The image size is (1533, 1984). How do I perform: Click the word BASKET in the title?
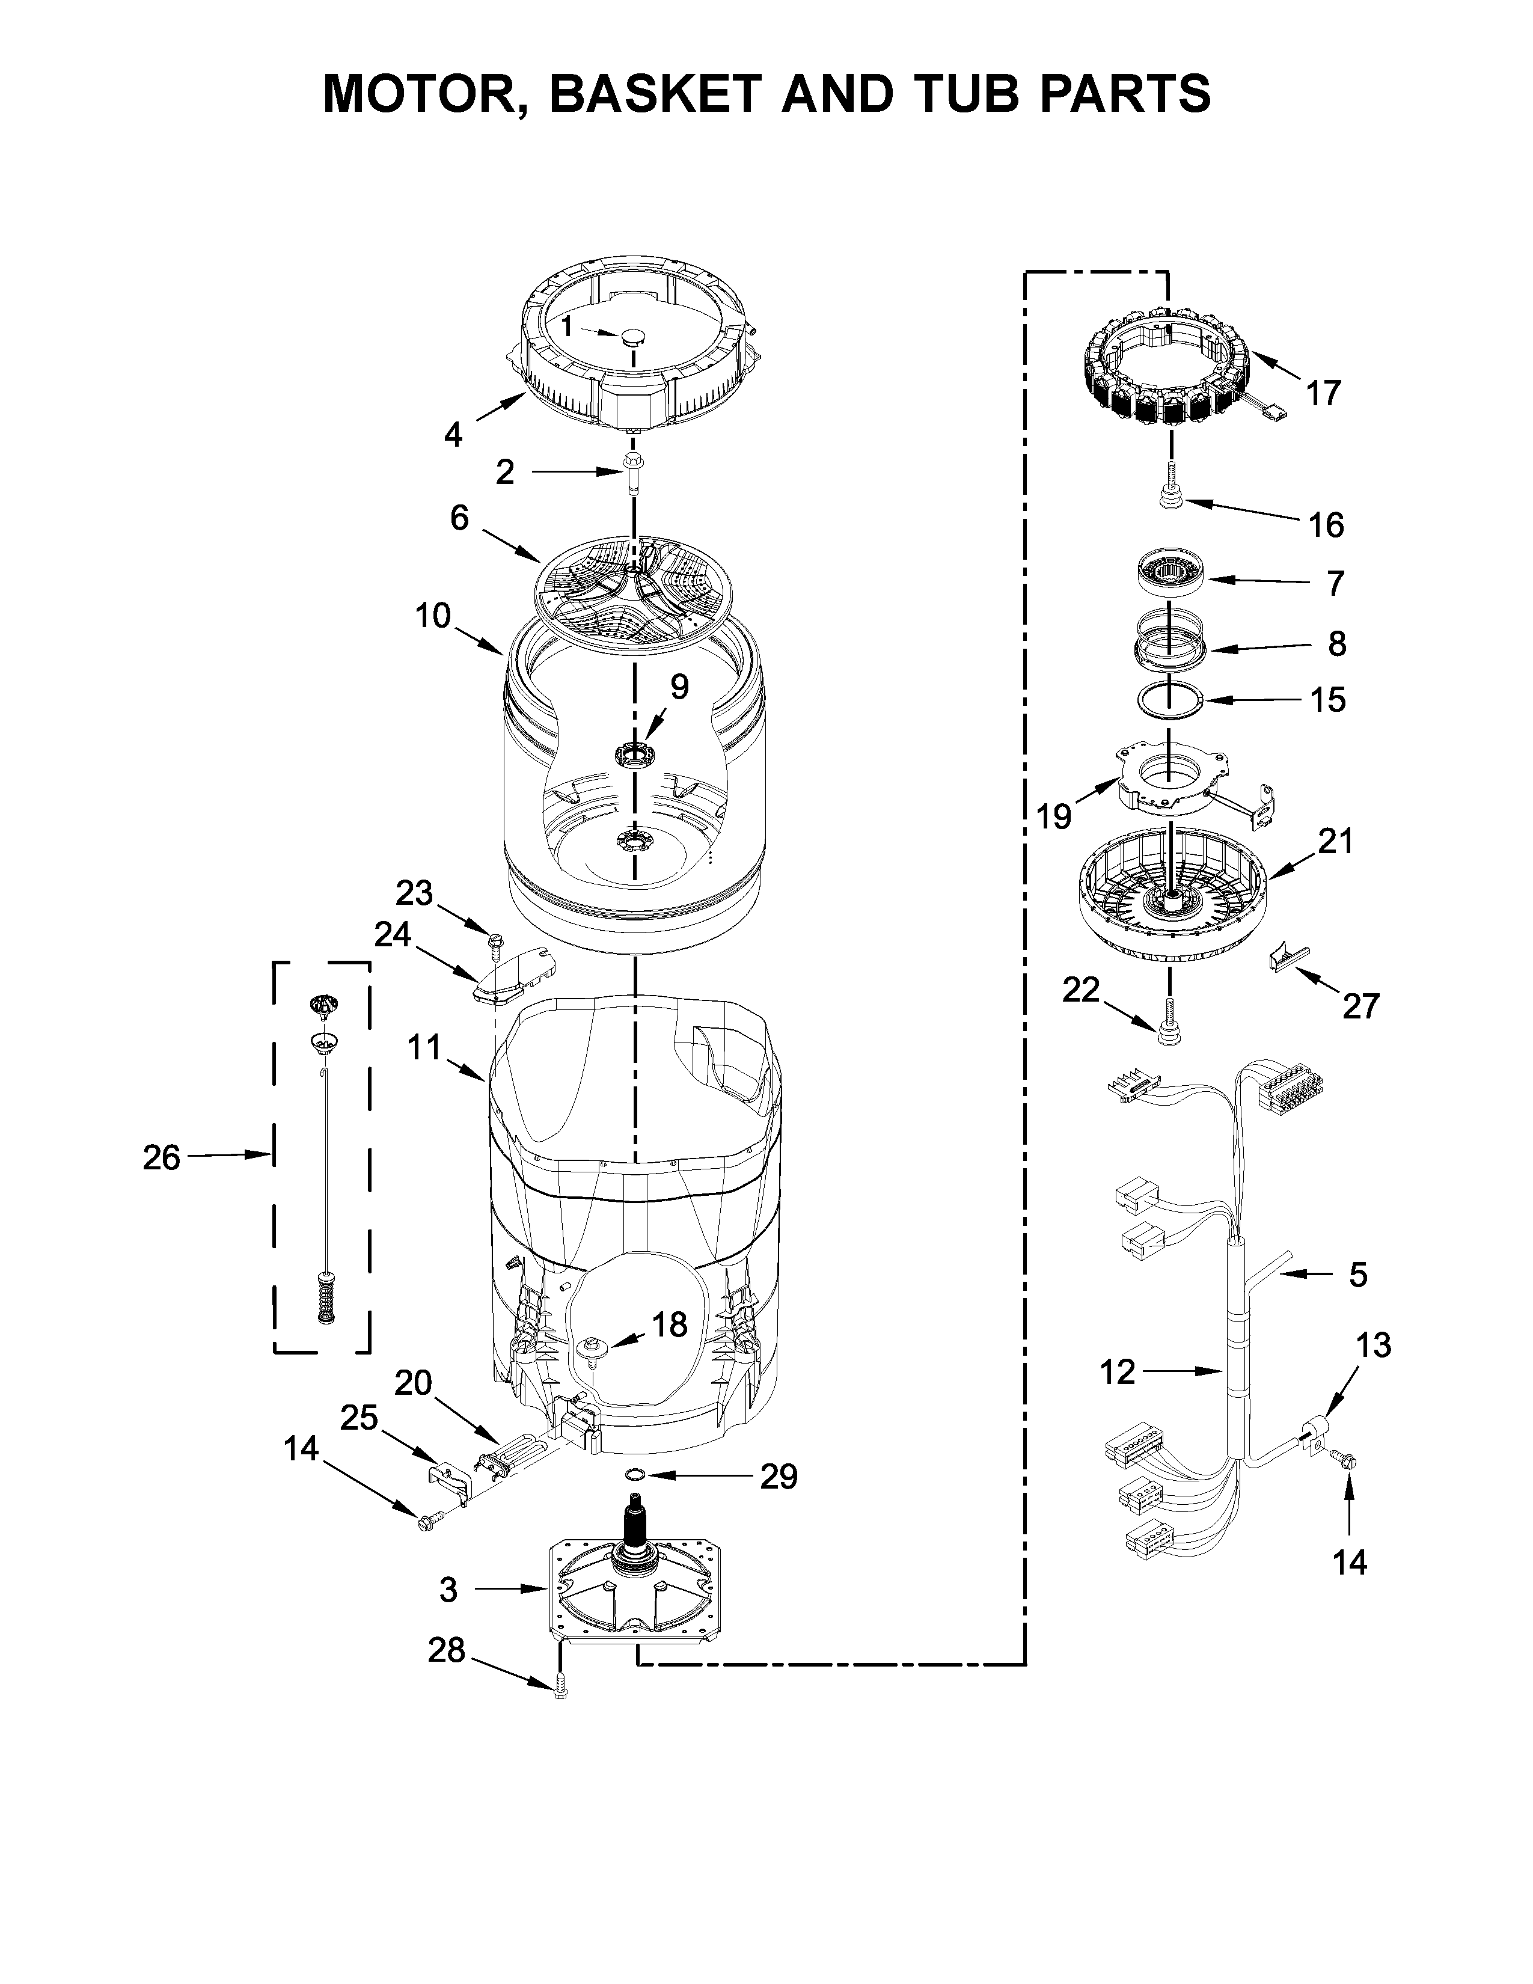coord(656,94)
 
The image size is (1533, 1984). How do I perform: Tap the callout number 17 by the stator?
coord(1323,393)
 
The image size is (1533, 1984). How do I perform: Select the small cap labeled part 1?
coord(633,338)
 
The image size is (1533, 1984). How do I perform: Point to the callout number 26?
coord(162,1159)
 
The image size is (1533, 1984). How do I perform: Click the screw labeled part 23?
coord(495,943)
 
